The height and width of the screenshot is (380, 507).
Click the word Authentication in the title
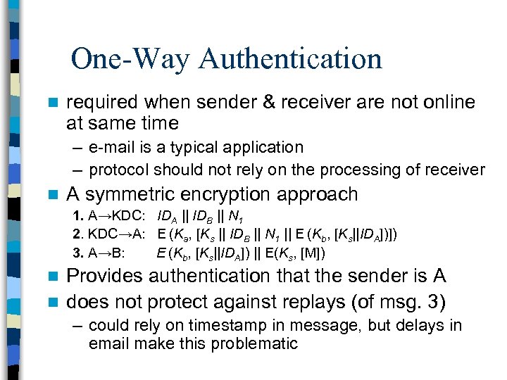click(x=290, y=58)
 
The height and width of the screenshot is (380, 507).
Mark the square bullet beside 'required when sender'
click(x=50, y=103)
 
